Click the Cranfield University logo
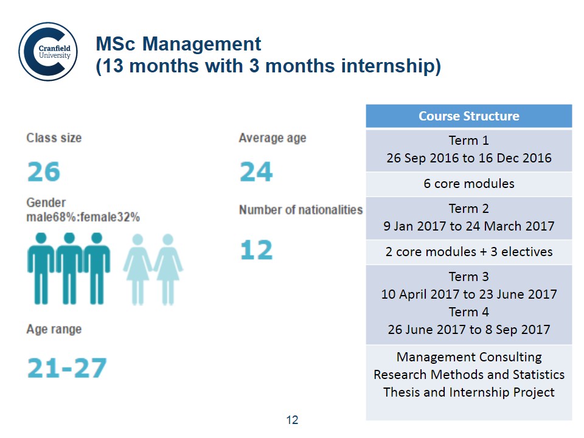pos(48,51)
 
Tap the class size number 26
pos(44,172)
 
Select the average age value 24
pos(256,172)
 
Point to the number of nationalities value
pos(256,249)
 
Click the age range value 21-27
pos(67,368)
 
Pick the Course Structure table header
pos(469,116)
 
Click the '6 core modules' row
pos(469,184)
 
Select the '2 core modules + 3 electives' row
pos(469,252)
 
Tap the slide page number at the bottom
pos(293,420)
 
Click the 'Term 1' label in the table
pos(469,141)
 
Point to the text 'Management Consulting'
pos(469,357)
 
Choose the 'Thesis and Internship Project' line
pos(469,392)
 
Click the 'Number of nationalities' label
pos(301,210)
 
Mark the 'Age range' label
pos(54,329)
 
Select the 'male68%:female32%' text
pos(83,217)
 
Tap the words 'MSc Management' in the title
pos(178,44)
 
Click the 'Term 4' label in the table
pos(469,311)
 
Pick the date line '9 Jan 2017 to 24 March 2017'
pos(469,226)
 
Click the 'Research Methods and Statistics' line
pos(469,375)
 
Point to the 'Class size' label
pos(54,138)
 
